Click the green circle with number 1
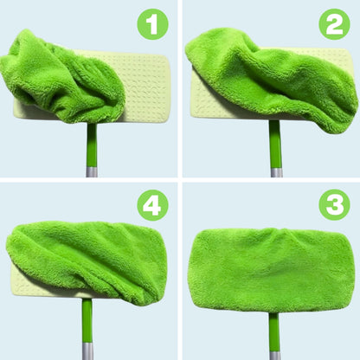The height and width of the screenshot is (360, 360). [153, 24]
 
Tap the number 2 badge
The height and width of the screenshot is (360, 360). [334, 24]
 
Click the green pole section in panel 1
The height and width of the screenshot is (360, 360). [89, 143]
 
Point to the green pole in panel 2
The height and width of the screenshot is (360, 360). [274, 143]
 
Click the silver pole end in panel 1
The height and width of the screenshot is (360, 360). [90, 170]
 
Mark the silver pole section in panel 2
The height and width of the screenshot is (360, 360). [275, 172]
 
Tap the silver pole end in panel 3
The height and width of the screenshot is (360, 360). [274, 355]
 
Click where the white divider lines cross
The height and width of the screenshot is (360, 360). [179, 179]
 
